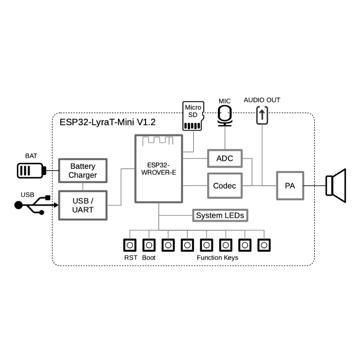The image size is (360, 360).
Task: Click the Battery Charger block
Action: tap(83, 171)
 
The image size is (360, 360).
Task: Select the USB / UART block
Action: tap(83, 205)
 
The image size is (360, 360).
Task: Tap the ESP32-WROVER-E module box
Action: tap(159, 169)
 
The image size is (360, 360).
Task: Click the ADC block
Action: tap(225, 159)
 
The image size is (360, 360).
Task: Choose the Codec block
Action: tap(225, 185)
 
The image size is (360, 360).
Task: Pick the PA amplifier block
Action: tap(289, 185)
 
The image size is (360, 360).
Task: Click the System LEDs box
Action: tap(220, 216)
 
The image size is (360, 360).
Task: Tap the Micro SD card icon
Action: tap(193, 116)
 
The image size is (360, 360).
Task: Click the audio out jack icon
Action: tap(262, 114)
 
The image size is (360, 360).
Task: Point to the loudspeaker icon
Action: tap(336, 185)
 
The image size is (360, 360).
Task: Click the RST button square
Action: tap(130, 245)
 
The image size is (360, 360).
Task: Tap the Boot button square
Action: tap(149, 245)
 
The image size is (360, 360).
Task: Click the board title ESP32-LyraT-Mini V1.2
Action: tap(108, 122)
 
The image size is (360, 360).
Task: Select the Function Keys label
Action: tap(217, 258)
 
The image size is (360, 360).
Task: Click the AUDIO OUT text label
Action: tap(262, 100)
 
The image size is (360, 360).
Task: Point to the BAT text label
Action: tap(31, 156)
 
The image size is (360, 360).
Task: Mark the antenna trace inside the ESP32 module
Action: tap(158, 141)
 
